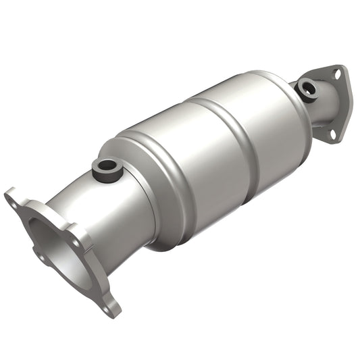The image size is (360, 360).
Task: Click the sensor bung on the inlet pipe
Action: (105, 167)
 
